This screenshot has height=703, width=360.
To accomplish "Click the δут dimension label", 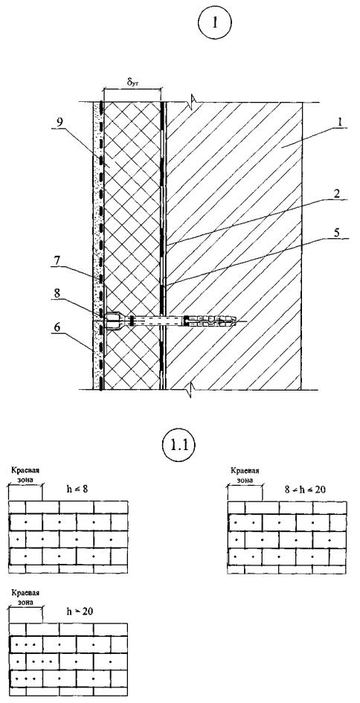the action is point(132,84).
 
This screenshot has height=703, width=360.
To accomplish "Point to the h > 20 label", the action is point(80,611).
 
